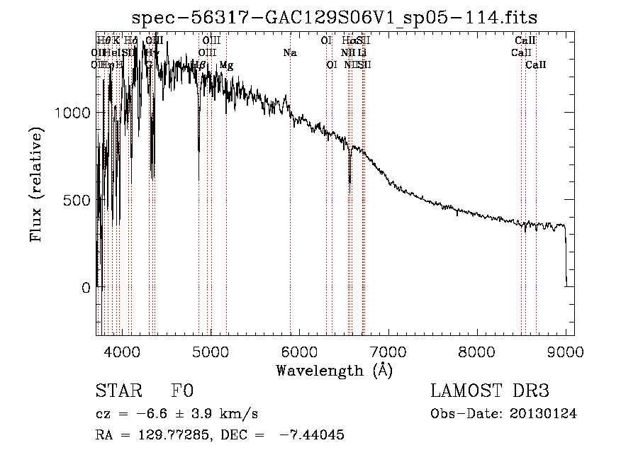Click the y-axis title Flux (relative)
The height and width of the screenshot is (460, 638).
point(36,185)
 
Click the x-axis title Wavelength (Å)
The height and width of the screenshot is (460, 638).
point(335,370)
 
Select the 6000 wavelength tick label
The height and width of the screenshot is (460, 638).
point(299,351)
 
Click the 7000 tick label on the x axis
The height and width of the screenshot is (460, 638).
point(388,351)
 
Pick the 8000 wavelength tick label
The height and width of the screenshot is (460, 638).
point(476,351)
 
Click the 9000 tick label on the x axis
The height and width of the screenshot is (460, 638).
point(565,351)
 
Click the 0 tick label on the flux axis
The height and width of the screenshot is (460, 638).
point(85,288)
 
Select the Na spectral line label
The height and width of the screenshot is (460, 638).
point(289,53)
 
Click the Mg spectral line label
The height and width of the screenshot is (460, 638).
point(225,65)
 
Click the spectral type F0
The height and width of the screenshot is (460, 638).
point(182,391)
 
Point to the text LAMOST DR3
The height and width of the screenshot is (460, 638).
point(490,391)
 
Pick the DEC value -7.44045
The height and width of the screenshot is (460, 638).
point(312,435)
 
